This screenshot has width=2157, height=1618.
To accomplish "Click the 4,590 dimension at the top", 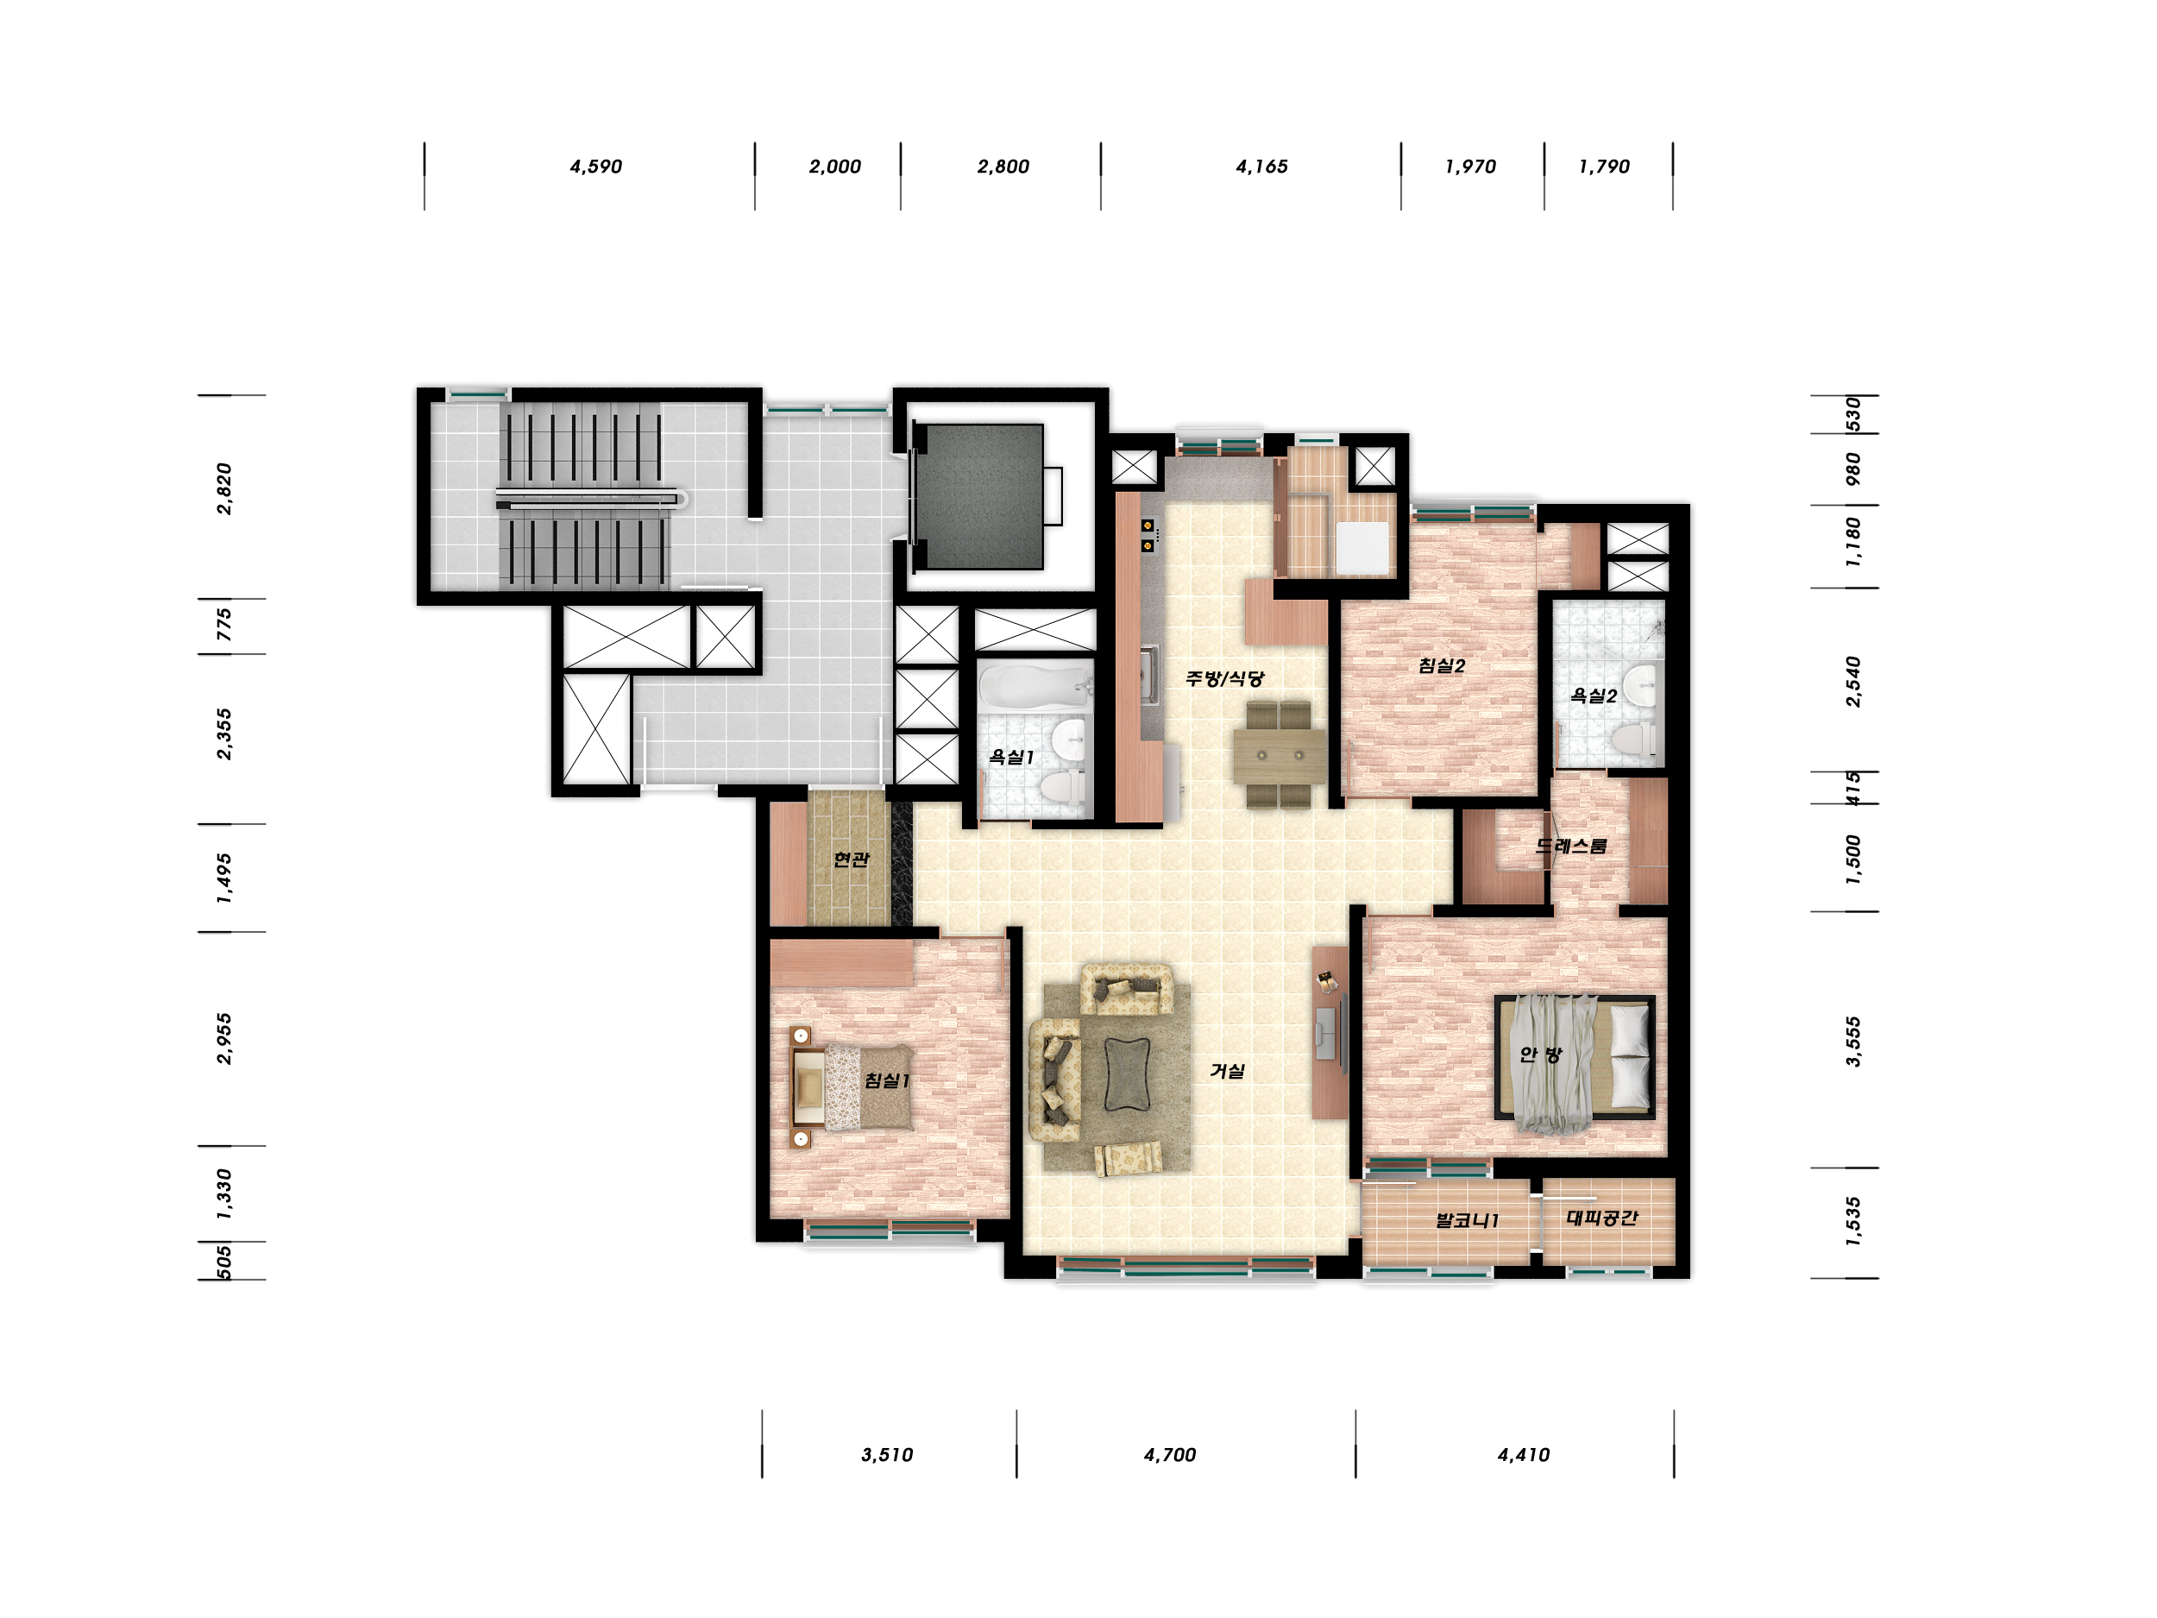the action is click(x=596, y=167).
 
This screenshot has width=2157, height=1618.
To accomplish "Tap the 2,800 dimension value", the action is click(x=1003, y=167).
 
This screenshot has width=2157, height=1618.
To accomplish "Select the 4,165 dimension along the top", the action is click(x=1261, y=167).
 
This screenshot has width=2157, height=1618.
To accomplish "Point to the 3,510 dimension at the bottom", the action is click(x=887, y=1455).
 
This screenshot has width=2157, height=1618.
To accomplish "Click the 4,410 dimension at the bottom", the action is click(x=1525, y=1455).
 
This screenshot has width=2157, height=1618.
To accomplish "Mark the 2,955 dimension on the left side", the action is click(x=224, y=1039).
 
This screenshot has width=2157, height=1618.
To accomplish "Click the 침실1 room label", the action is click(x=887, y=1080).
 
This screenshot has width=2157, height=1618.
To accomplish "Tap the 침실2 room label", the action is click(x=1443, y=666).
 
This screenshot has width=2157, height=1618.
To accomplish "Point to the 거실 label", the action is click(x=1228, y=1071).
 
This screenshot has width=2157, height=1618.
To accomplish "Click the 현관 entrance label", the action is click(x=851, y=859).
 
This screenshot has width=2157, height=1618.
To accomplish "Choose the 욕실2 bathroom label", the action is click(x=1594, y=696).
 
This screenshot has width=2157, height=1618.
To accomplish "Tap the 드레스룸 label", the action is click(x=1571, y=846).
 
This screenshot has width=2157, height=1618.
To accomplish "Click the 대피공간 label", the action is click(x=1602, y=1217).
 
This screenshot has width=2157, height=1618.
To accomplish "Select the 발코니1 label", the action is click(x=1468, y=1220).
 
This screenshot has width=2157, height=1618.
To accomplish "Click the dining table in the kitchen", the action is click(x=1280, y=756).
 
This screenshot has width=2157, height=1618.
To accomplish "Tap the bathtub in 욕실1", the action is click(x=1034, y=687).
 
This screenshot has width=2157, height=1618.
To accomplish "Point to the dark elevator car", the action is click(x=980, y=496).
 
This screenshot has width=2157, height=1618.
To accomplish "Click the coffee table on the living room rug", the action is click(x=1126, y=1074).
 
